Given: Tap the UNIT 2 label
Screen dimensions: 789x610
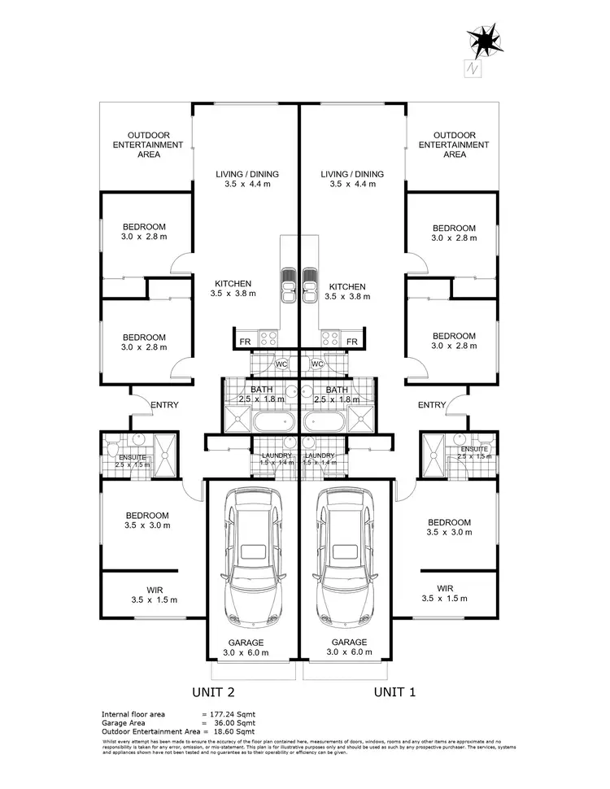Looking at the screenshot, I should (x=213, y=692).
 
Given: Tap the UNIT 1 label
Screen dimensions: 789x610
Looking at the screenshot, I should (x=394, y=692).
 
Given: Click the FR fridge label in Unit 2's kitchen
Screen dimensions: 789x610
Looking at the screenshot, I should (x=244, y=342).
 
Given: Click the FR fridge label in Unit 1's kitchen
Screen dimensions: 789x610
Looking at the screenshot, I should (x=352, y=342).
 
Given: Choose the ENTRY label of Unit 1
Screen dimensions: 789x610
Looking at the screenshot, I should (x=432, y=405).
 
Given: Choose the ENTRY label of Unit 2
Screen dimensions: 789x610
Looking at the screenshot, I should (x=164, y=405).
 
